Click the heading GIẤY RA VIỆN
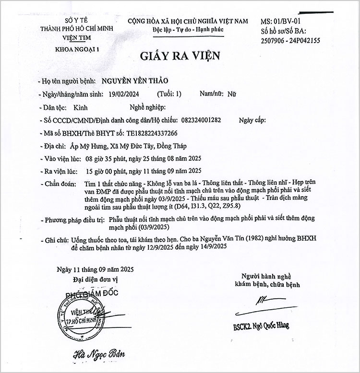tap(180, 55)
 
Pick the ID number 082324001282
tap(202, 120)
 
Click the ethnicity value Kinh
tap(82, 108)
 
